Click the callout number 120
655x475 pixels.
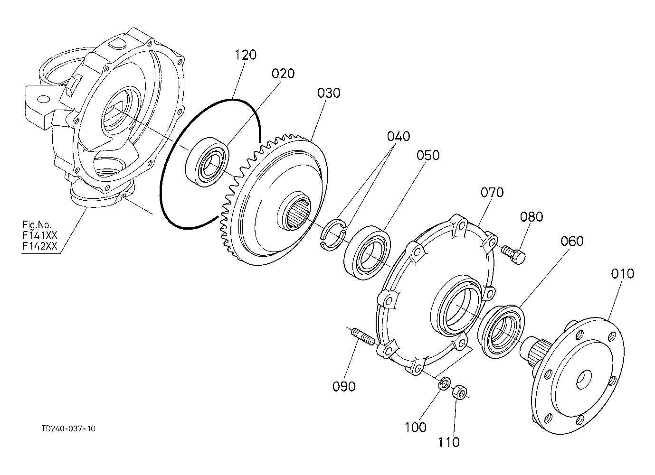(x=245, y=55)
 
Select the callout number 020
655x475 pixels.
(x=283, y=74)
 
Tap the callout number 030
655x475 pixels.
(x=329, y=93)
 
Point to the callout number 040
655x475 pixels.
(x=398, y=137)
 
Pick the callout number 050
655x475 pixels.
(x=428, y=155)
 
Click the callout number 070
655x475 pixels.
(x=492, y=193)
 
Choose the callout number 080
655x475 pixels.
(x=532, y=217)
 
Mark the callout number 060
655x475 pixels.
(x=572, y=241)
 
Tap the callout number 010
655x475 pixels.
(x=622, y=274)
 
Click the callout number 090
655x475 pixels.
(x=344, y=386)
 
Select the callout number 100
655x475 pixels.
(x=416, y=427)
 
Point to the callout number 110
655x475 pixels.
(x=449, y=442)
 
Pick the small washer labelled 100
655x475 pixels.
(x=445, y=383)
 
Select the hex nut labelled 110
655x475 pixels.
(x=459, y=391)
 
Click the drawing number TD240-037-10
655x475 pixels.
(x=68, y=428)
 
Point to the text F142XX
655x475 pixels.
(x=40, y=246)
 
